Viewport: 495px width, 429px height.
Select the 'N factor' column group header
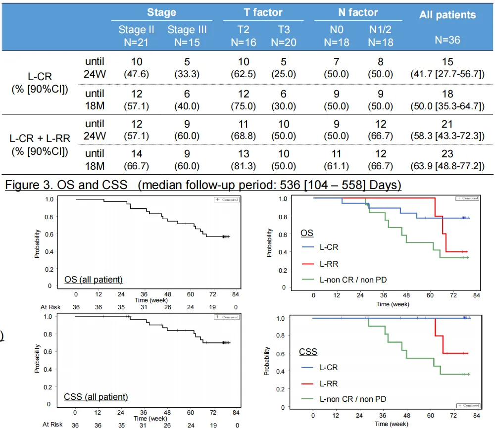(358, 12)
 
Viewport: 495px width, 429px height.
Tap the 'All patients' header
(447, 14)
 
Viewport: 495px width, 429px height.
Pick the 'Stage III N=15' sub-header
(187, 36)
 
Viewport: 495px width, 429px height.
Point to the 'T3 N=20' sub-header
(284, 36)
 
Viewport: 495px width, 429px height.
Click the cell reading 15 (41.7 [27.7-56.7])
(447, 68)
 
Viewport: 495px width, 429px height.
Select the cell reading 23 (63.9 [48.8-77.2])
(447, 159)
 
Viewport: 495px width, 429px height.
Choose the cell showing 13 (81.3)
(244, 159)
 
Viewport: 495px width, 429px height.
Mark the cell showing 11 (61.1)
(337, 159)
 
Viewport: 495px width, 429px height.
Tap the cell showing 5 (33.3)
(187, 68)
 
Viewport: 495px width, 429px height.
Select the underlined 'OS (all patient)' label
(94, 280)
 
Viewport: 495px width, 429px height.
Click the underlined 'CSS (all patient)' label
(96, 396)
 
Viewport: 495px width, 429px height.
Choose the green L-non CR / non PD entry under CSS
(352, 399)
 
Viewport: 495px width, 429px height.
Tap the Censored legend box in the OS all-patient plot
(227, 199)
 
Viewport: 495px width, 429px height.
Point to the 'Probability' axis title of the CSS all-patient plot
(37, 359)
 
